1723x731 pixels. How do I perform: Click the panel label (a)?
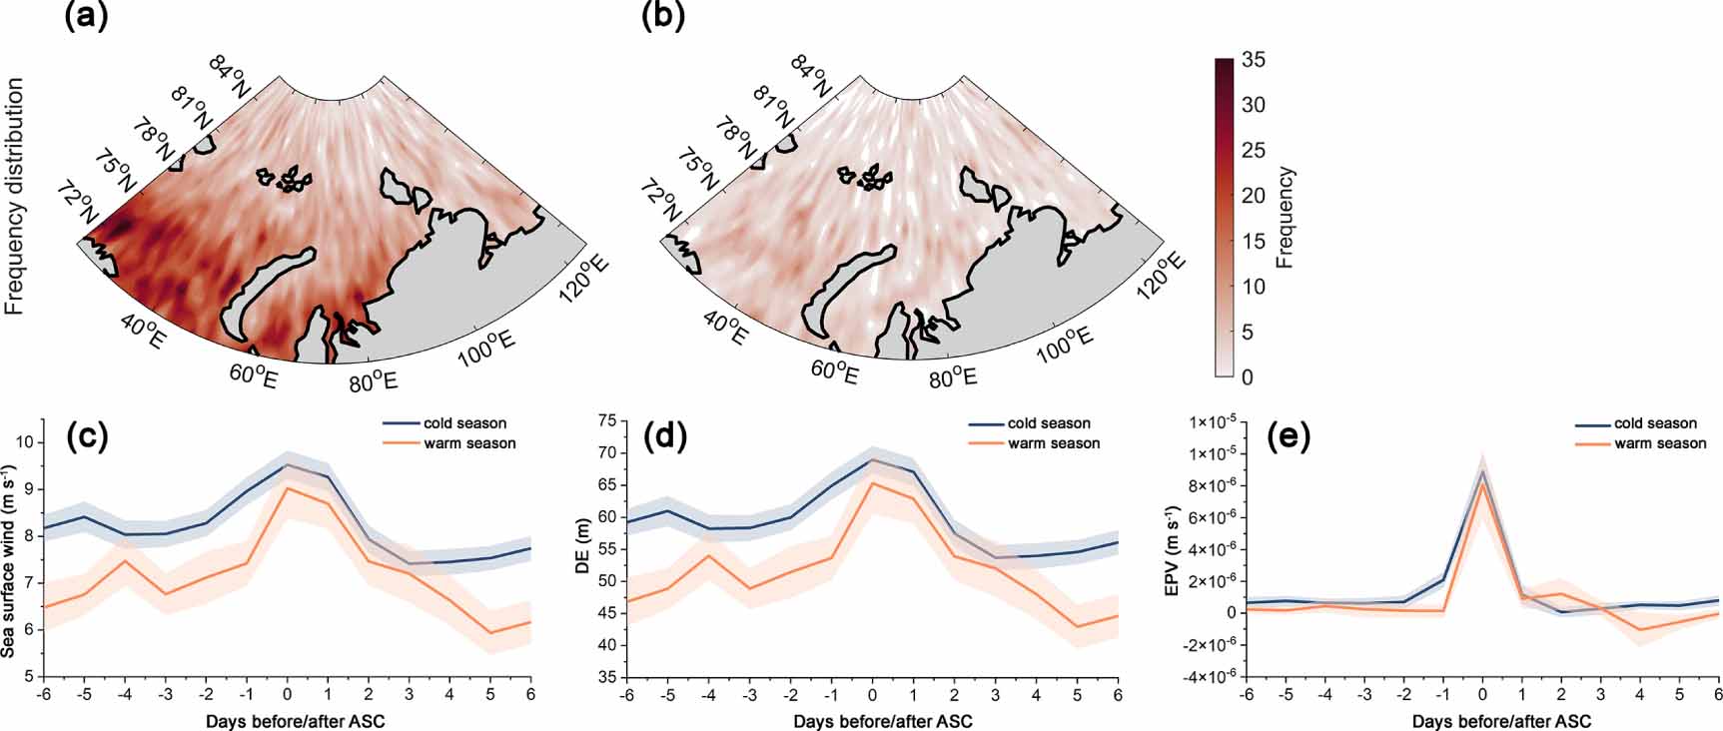coord(87,17)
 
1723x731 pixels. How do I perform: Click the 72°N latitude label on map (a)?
coord(79,204)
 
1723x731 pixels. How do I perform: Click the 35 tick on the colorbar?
coord(1253,60)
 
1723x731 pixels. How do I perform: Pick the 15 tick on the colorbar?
coord(1253,241)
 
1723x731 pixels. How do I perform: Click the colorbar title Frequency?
coord(1286,218)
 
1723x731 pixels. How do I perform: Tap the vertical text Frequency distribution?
coord(15,197)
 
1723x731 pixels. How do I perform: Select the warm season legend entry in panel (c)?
coord(468,443)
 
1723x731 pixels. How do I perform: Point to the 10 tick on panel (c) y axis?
coord(26,442)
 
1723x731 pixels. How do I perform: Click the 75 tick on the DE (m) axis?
coord(607,421)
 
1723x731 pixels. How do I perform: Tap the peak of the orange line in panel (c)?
coord(288,488)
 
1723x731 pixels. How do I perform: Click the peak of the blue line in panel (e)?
coord(1482,471)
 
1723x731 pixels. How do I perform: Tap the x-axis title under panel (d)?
coord(882,721)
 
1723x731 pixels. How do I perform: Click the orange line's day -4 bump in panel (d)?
coord(708,555)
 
